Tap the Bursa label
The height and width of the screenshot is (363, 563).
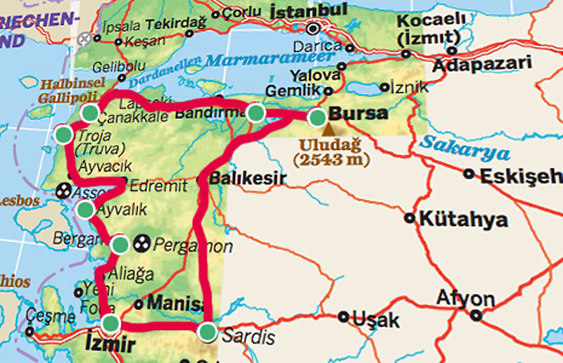pos(358,113)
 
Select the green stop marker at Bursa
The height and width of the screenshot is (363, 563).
pos(317,117)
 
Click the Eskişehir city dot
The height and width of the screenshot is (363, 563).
pos(469,173)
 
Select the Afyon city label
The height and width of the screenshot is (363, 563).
pos(465,298)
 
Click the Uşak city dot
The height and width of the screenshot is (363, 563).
pos(343,317)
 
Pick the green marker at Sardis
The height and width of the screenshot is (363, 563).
pos(207,332)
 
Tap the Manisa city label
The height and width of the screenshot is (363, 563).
pos(176,305)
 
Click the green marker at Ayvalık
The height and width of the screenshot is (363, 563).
pos(85,209)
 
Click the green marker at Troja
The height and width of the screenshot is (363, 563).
pos(63,134)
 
